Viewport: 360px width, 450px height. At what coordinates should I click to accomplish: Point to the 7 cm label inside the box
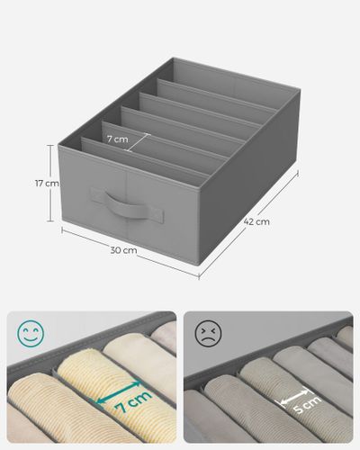click(116, 139)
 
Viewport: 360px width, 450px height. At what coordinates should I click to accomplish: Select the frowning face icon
click(208, 334)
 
